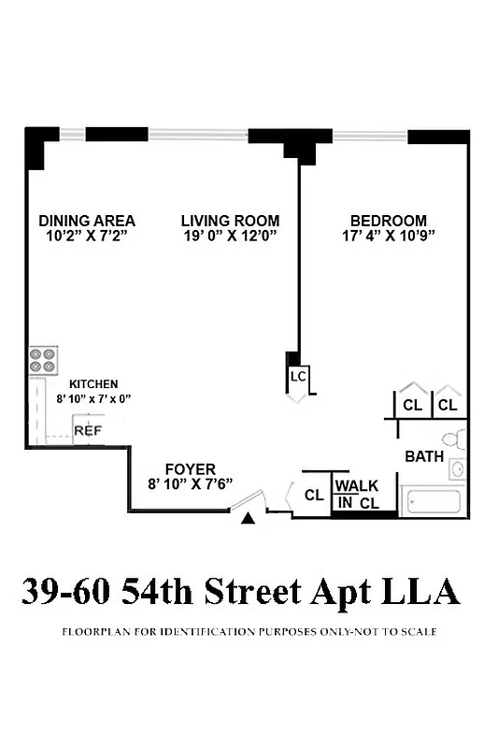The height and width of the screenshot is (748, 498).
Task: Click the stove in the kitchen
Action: click(43, 359)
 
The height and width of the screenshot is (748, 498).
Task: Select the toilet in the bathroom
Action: click(454, 439)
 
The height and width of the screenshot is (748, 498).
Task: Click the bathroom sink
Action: click(457, 469)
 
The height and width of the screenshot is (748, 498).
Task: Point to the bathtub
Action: click(431, 501)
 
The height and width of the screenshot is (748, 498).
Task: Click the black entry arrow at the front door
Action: click(248, 518)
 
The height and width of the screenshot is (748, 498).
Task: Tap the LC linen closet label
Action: click(298, 377)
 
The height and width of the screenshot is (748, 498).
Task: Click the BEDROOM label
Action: click(383, 221)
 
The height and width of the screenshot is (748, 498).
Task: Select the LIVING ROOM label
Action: click(230, 221)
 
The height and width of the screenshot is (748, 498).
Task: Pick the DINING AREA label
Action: click(87, 221)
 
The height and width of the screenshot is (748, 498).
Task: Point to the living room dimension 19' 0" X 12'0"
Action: click(230, 236)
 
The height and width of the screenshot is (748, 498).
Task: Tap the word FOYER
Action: click(190, 468)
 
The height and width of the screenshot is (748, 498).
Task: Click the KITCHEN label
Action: click(93, 384)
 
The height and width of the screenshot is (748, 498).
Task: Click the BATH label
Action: click(423, 457)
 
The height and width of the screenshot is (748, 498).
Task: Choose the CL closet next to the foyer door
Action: click(314, 496)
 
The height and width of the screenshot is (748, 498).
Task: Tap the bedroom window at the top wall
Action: click(371, 136)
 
